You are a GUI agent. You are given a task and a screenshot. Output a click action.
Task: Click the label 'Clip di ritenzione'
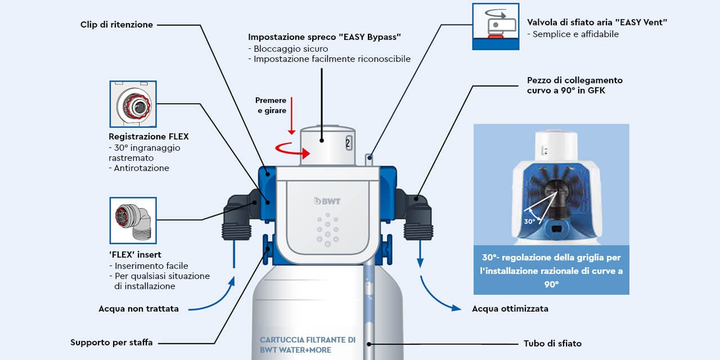tap(116, 25)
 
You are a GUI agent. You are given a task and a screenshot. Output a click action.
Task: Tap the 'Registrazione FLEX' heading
tap(148, 137)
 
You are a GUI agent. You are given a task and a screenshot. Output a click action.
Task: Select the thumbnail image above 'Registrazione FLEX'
tap(133, 104)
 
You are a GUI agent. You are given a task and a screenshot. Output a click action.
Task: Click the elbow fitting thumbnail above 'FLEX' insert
tap(133, 220)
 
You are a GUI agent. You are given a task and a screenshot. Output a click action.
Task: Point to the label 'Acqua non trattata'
tap(138, 309)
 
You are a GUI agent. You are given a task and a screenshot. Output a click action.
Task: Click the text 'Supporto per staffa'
tap(111, 343)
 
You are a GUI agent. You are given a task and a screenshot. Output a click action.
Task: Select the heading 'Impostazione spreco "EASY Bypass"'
tap(325, 37)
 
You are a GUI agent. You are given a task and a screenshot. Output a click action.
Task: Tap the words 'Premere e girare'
tap(271, 106)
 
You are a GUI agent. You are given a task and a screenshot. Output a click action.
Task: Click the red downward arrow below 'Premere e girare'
tap(291, 123)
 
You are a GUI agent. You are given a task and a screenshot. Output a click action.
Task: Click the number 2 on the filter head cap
tap(348, 143)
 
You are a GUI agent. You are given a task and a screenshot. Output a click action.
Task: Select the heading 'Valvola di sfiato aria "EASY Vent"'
tap(597, 22)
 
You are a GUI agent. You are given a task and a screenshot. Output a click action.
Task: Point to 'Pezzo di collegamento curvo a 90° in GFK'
tap(574, 85)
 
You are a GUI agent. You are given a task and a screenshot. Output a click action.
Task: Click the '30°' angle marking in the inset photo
tap(529, 222)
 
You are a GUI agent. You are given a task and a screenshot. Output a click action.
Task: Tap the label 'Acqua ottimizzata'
tap(510, 309)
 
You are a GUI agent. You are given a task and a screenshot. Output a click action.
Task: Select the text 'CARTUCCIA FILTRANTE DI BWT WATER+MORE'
tap(307, 345)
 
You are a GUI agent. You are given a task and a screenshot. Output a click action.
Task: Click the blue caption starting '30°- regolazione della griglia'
tap(551, 271)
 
